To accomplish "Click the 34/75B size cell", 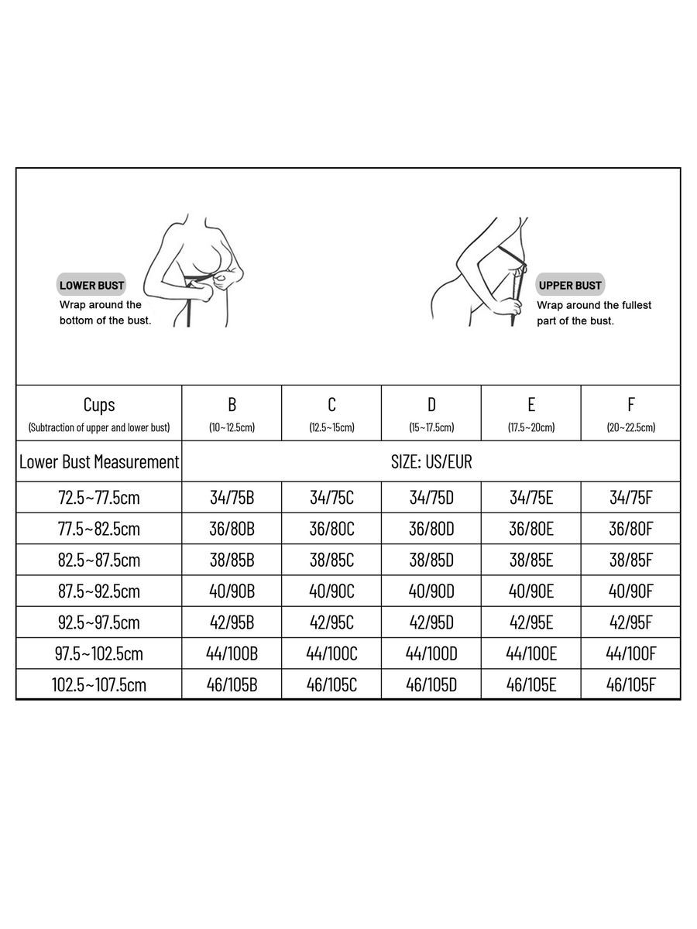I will (232, 498).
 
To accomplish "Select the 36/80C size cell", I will (331, 530).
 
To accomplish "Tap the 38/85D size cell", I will (431, 560).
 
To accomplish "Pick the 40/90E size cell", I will (531, 591).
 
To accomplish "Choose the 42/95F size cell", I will (631, 622).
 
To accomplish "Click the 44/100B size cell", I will (232, 653).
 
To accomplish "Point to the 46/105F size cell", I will (631, 685).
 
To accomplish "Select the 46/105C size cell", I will (331, 685).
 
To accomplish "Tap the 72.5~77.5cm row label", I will (98, 498).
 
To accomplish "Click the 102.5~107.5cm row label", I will (98, 685).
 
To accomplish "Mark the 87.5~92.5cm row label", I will (98, 591).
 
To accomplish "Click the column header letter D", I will (431, 404).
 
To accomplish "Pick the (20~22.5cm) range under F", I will (631, 427).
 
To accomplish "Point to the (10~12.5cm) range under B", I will (232, 427).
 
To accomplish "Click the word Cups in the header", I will (98, 404).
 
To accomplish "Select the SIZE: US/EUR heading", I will (431, 462).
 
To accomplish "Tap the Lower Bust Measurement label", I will (98, 462).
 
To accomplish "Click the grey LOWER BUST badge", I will (91, 285).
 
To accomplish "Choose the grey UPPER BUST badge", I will (570, 285).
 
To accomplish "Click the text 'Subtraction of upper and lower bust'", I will (98, 427).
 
